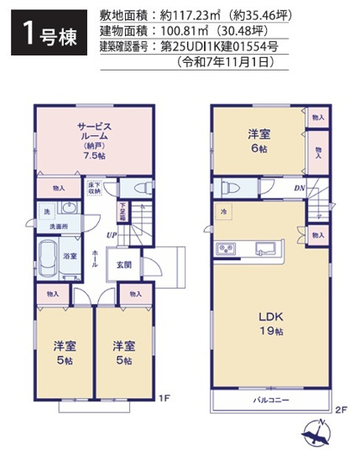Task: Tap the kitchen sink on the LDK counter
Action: pos(265,248)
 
